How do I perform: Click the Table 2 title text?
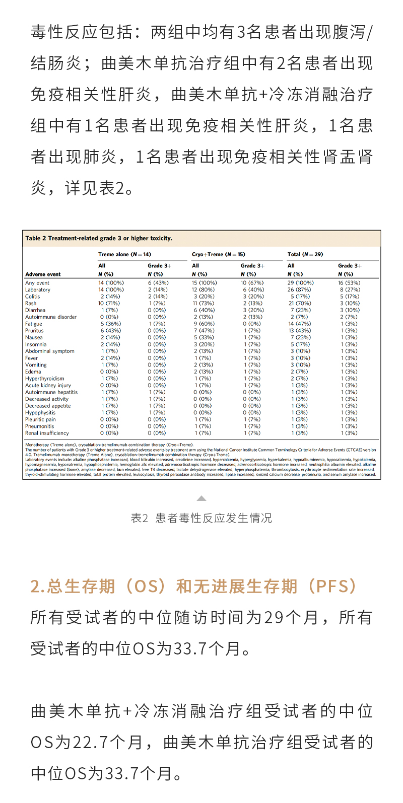[99, 238]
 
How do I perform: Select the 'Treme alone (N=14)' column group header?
[124, 254]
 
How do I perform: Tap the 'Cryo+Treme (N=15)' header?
[218, 254]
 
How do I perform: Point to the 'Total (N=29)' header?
[305, 254]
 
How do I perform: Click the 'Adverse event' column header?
[43, 274]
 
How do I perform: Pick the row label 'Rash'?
[31, 304]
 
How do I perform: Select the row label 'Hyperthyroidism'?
[45, 379]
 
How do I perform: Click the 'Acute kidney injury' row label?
[48, 386]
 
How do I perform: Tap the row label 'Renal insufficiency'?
[47, 433]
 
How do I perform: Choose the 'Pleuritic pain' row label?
[41, 419]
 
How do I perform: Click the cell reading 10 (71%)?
[109, 304]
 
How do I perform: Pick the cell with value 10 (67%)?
[251, 283]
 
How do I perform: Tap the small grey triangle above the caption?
[201, 498]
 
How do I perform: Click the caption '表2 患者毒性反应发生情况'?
[201, 518]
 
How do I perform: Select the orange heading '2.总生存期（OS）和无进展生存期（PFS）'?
[194, 587]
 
